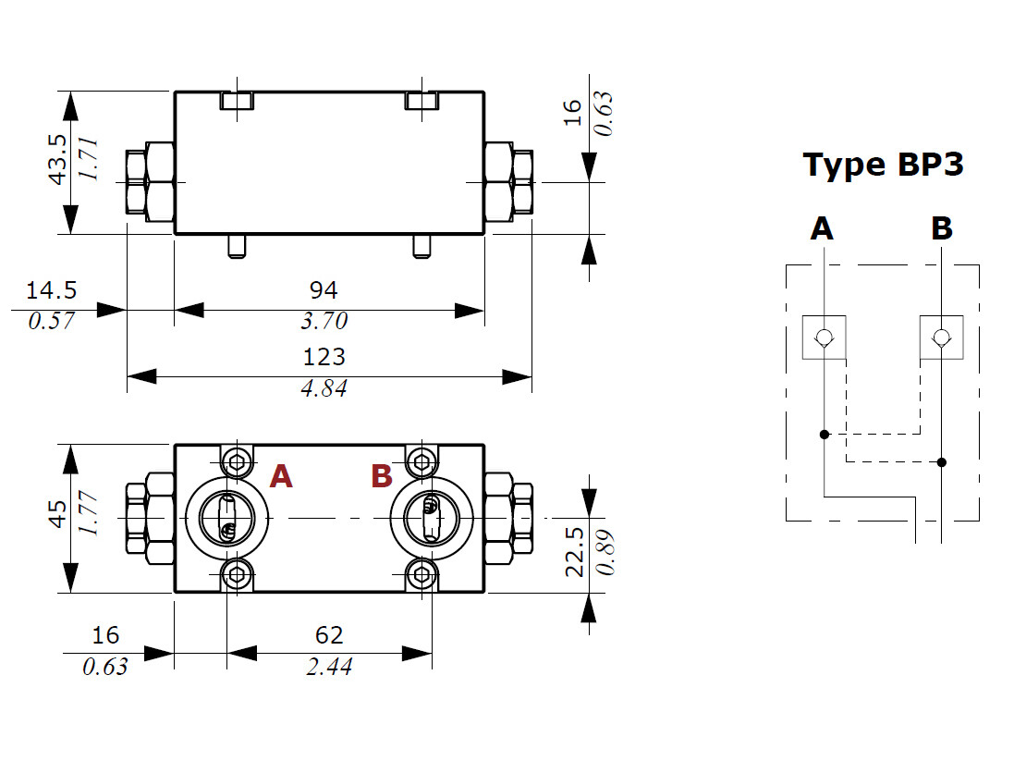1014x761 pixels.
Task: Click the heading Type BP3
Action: coord(883,165)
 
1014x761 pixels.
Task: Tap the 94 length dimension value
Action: coord(324,290)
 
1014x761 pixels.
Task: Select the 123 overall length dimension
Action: coord(324,357)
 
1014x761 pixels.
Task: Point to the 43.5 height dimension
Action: coord(57,159)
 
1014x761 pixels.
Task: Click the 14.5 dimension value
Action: coord(51,290)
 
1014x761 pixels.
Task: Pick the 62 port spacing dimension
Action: coord(328,635)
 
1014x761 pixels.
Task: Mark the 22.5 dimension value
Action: coord(574,551)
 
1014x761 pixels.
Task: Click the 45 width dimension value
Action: coord(57,514)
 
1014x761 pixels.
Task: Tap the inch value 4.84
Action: coord(324,388)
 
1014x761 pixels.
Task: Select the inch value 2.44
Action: coord(329,667)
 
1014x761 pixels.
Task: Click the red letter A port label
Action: coord(281,477)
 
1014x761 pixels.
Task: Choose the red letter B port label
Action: coord(382,477)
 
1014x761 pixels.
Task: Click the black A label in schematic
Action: coord(822,228)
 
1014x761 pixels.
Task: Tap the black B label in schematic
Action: coord(942,228)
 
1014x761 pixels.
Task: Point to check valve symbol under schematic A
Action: coord(824,338)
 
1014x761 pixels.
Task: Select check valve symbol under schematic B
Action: coord(942,338)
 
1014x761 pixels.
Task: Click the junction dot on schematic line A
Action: coord(824,435)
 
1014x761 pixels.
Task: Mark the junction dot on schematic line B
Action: coord(942,462)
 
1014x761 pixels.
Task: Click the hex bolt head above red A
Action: coord(237,462)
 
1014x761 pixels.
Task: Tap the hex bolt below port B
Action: coord(422,574)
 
